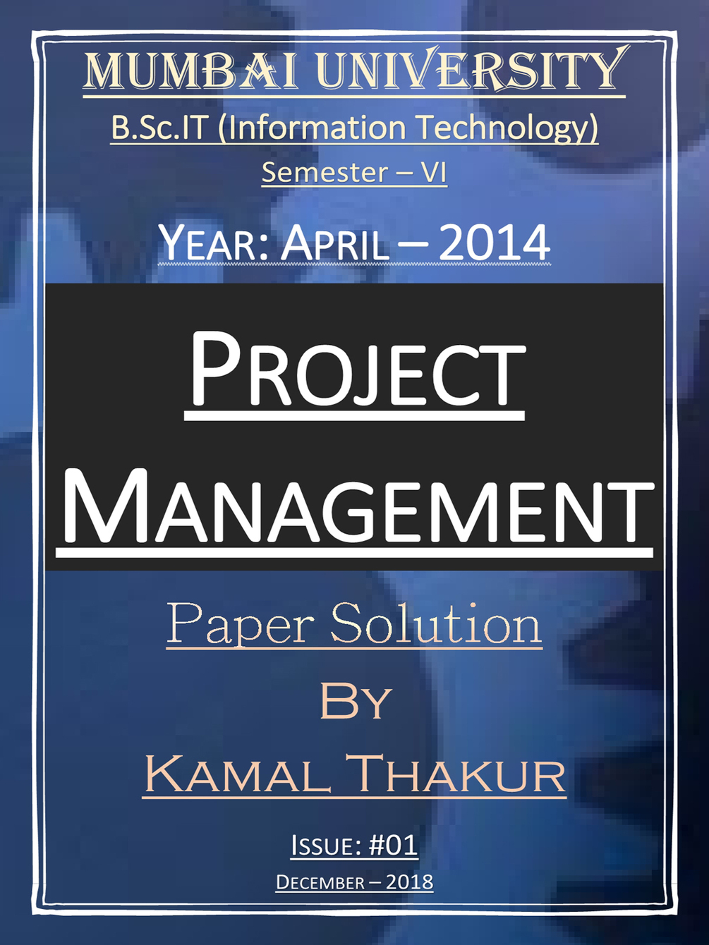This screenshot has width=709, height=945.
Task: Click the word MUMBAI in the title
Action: (191, 71)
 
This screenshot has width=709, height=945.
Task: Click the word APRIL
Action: (335, 243)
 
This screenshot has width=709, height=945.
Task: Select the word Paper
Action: (240, 625)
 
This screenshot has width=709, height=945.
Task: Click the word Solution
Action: (435, 623)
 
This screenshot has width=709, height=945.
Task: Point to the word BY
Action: (355, 701)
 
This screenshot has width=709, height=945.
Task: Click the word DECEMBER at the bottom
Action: (320, 882)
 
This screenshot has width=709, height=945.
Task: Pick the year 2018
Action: (409, 882)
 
